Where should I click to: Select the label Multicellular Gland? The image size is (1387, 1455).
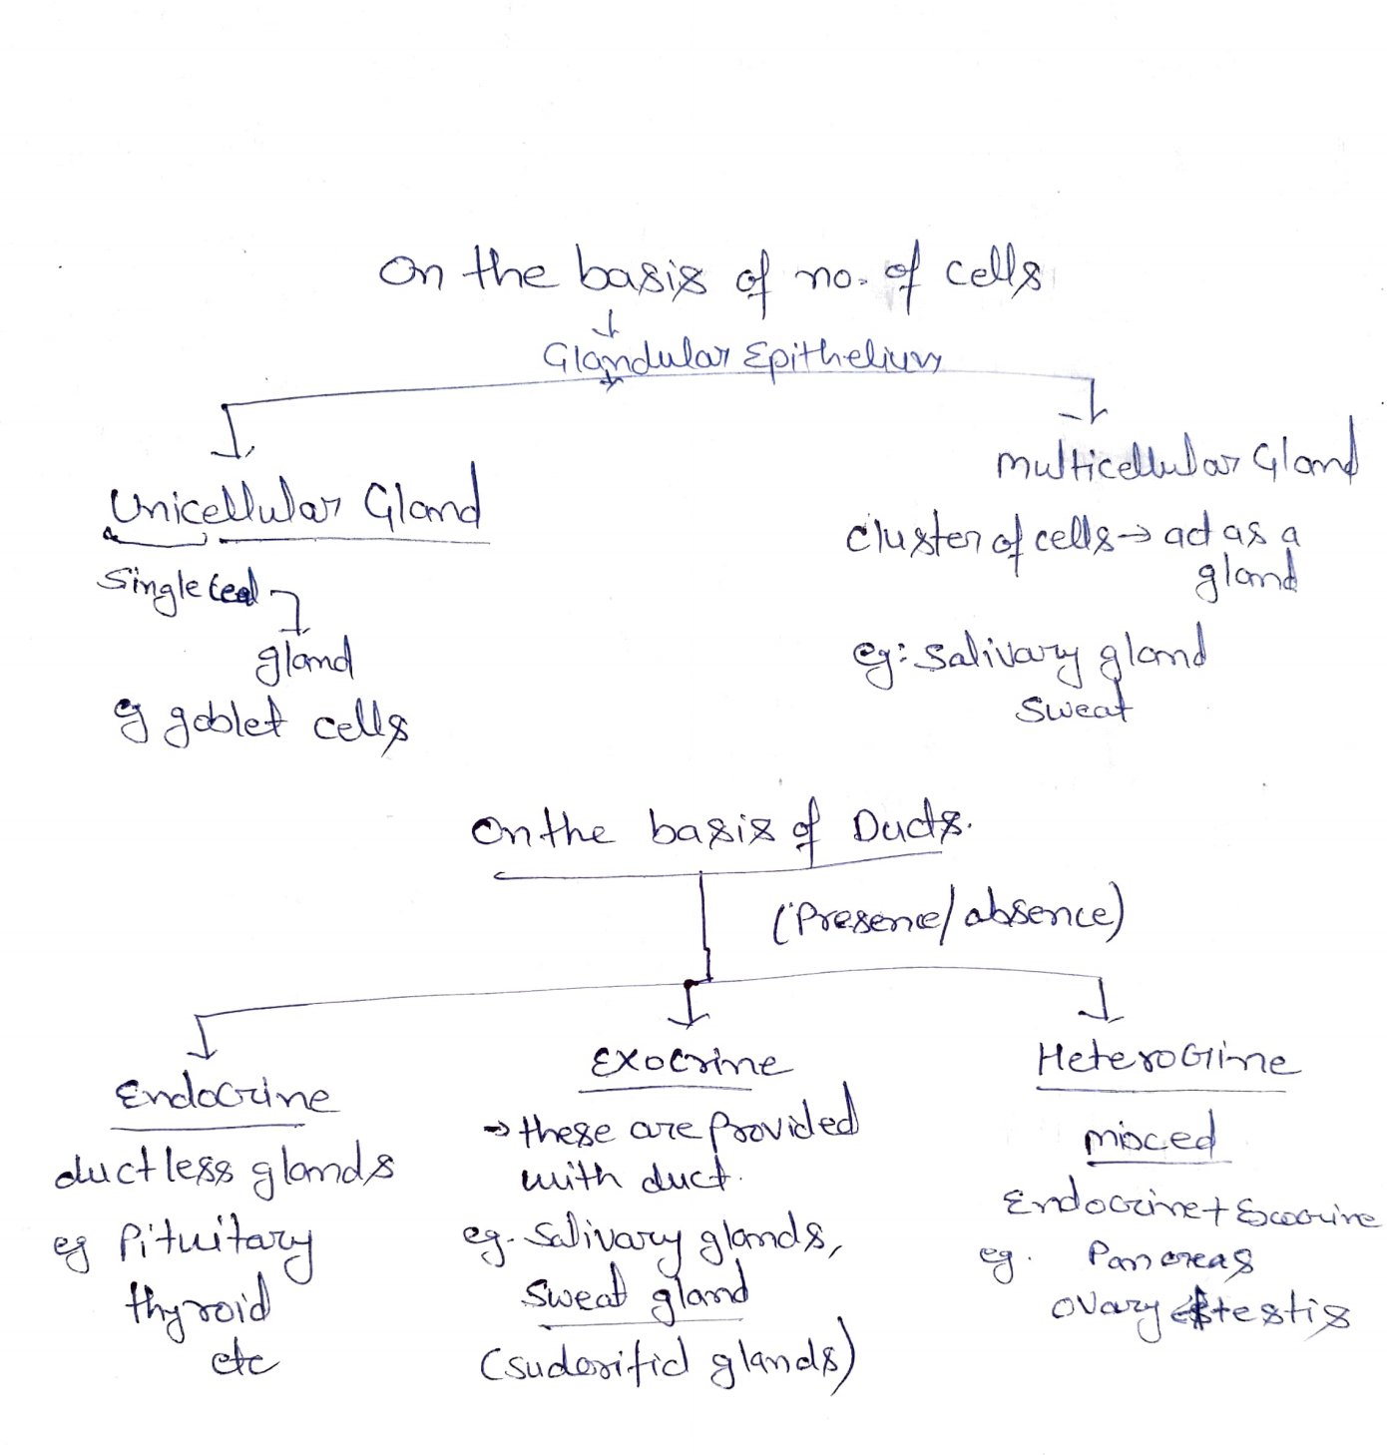point(1175,462)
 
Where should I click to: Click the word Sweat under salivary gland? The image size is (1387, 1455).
point(1074,709)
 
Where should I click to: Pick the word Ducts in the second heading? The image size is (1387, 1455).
point(907,827)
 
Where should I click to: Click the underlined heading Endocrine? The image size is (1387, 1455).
point(223,1096)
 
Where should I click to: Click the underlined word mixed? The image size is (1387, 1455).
point(1151,1139)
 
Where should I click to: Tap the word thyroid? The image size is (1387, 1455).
point(198,1302)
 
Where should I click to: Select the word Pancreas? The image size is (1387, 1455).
point(1170,1256)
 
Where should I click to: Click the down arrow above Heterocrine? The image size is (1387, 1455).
point(1101,1000)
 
